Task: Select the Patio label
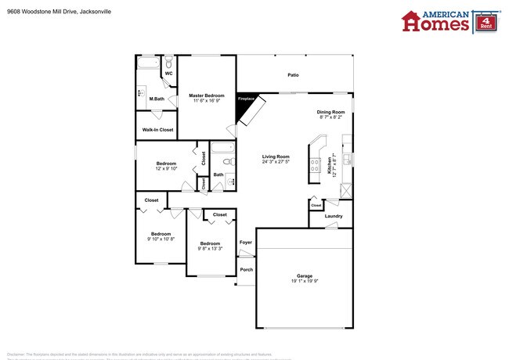tap(293, 75)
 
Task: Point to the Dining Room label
tap(330, 112)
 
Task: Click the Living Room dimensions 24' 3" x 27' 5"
tap(276, 162)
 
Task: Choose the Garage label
tap(305, 275)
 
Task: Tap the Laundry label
tap(334, 215)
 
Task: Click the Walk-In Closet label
tap(157, 129)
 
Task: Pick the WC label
tap(168, 74)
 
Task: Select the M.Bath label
tap(157, 99)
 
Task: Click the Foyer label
tap(246, 243)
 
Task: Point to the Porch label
tap(246, 270)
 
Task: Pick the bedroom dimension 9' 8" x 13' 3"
tap(209, 249)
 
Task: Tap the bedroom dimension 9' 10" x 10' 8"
tap(161, 239)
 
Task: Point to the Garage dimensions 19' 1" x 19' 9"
tap(305, 281)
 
